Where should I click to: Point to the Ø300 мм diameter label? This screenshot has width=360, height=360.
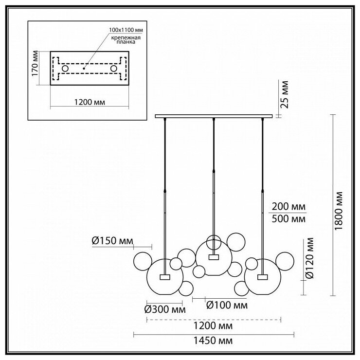pos(165,308)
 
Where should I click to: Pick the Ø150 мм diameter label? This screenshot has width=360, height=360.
pos(112,240)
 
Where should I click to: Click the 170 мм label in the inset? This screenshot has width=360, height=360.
pos(35,68)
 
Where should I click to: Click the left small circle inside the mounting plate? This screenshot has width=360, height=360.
pos(65,69)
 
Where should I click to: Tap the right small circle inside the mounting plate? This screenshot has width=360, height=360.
pos(114,69)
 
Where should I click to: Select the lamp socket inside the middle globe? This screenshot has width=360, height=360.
pos(213,257)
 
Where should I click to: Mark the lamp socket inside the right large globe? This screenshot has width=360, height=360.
pos(263,277)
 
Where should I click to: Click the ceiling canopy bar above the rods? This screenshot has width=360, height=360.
pos(214,116)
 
